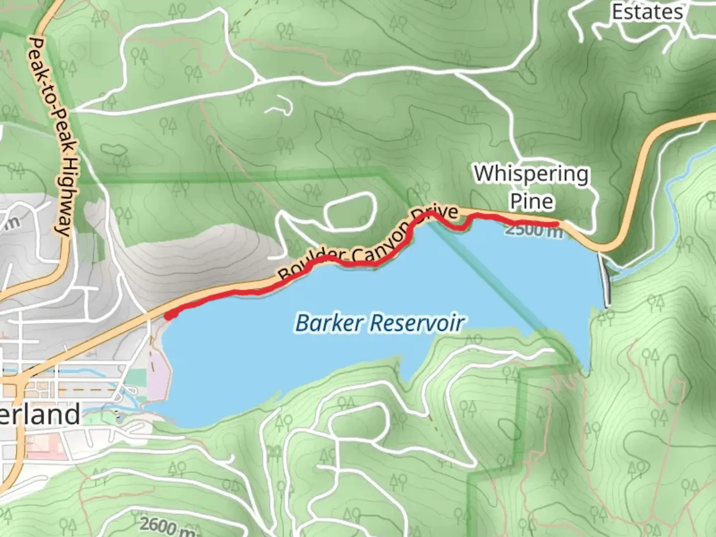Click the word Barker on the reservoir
[x=329, y=323]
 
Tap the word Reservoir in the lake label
[x=417, y=323]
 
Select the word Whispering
[x=531, y=175]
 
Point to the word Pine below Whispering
[x=532, y=201]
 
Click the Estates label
[x=647, y=11]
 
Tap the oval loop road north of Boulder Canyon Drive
[x=350, y=212]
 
